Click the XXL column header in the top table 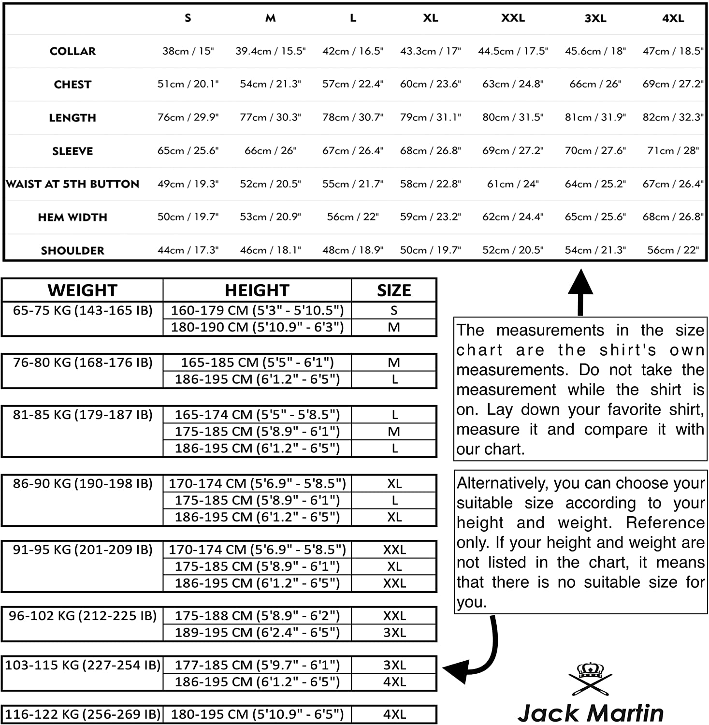click(x=513, y=18)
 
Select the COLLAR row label click(x=72, y=51)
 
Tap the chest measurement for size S click(x=188, y=84)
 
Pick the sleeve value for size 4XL click(x=673, y=151)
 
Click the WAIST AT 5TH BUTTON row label click(x=72, y=184)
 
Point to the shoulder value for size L click(x=353, y=250)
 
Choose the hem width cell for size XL click(x=430, y=217)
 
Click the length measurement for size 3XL click(x=595, y=117)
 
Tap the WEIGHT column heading click(x=82, y=290)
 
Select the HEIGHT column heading click(x=257, y=290)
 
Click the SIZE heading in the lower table click(x=394, y=290)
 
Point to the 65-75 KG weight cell click(x=83, y=311)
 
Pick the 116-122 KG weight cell click(x=83, y=714)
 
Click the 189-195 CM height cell click(x=257, y=633)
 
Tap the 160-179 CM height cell click(x=257, y=310)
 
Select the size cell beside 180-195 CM click(x=394, y=714)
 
